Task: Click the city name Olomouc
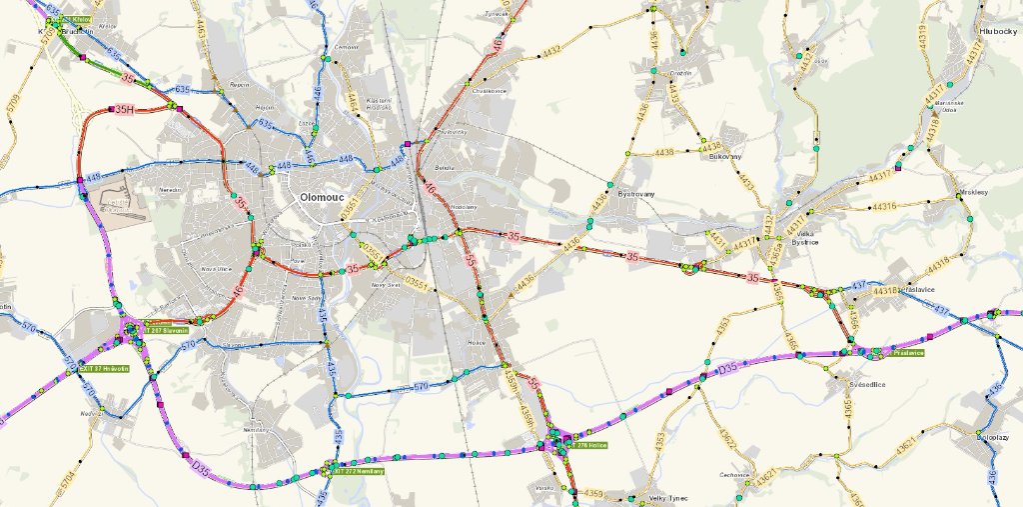(320, 198)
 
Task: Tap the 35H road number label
(124, 109)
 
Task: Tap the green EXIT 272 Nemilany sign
(360, 470)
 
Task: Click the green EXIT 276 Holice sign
(588, 445)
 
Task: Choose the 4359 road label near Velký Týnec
(594, 493)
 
